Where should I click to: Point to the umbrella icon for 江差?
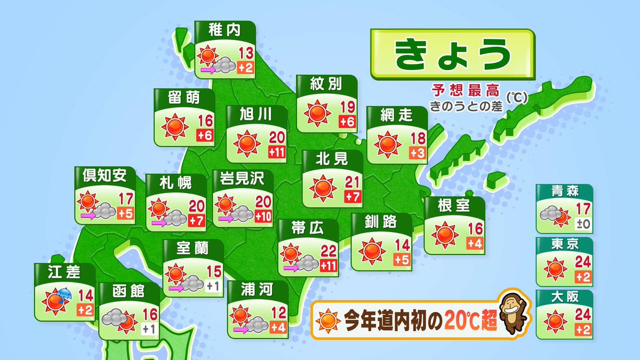pyautogui.click(x=63, y=294)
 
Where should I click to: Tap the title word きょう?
pyautogui.click(x=452, y=53)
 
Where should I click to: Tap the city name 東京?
pyautogui.click(x=564, y=245)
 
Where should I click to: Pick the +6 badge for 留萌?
pyautogui.click(x=205, y=135)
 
